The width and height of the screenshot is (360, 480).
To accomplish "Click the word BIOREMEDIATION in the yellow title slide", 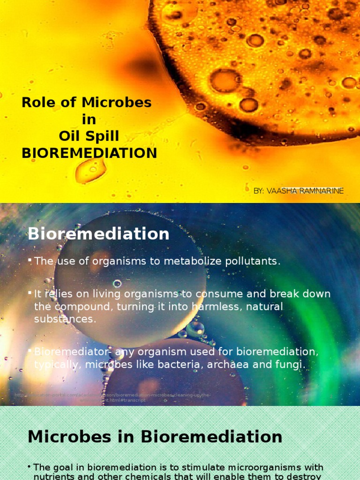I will click(89, 153).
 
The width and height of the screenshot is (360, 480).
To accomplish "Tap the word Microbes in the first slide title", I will click(117, 103).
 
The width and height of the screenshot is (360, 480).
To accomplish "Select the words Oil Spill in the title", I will click(89, 136).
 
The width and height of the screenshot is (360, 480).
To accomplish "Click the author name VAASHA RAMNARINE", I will click(305, 191).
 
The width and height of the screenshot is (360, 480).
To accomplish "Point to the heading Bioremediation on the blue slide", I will click(98, 234).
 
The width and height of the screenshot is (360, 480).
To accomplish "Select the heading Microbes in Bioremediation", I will click(155, 437).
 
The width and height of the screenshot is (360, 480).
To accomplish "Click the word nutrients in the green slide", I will click(54, 476).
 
